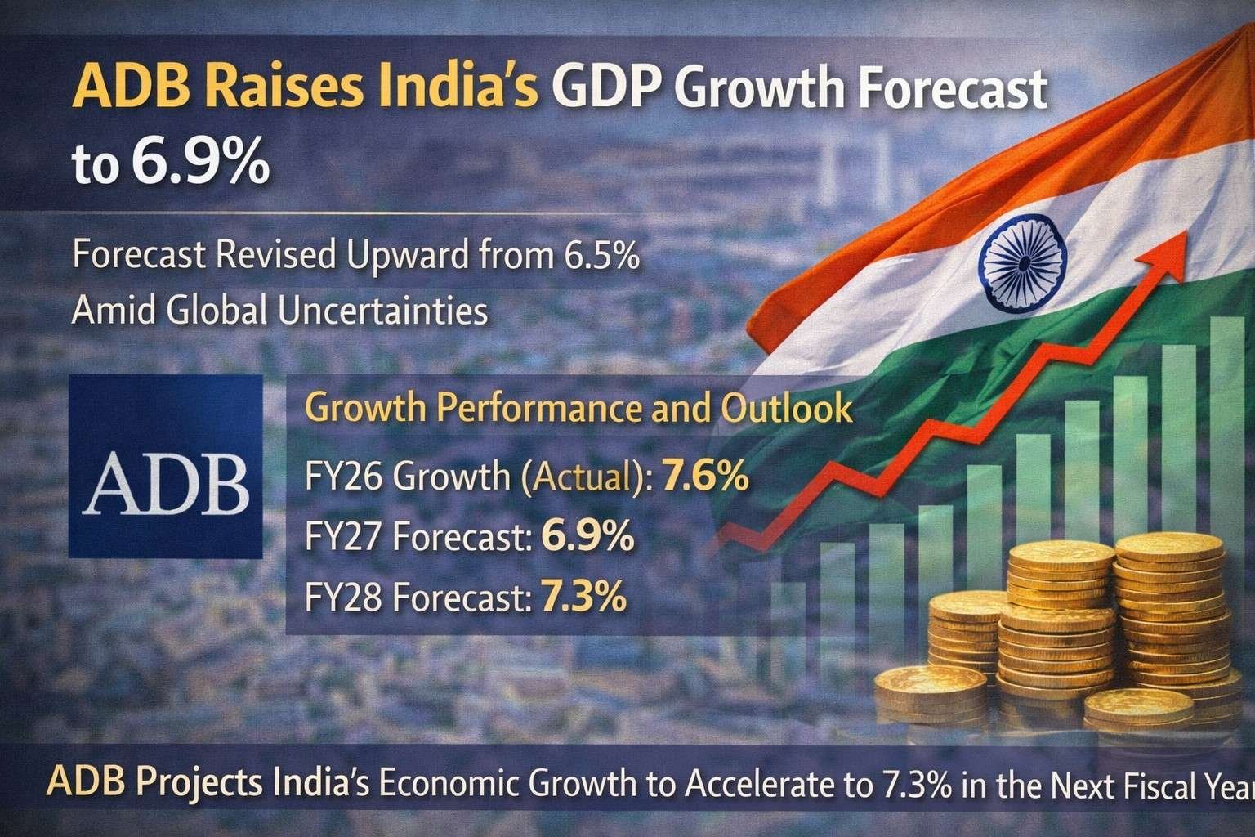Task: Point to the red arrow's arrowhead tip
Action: [1186, 232]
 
